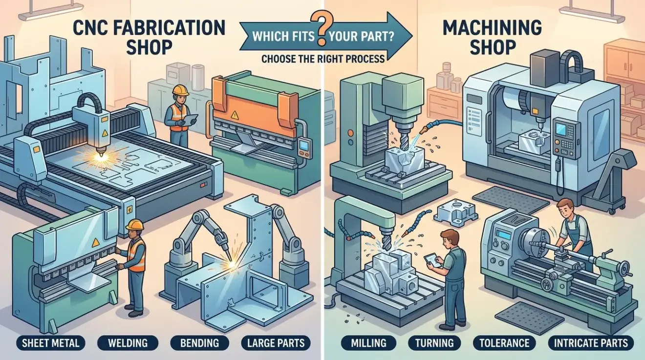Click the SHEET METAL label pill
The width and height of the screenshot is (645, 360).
pyautogui.click(x=51, y=343)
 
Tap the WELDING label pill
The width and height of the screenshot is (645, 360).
pyautogui.click(x=128, y=343)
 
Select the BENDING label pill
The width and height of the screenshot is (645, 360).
pyautogui.click(x=199, y=343)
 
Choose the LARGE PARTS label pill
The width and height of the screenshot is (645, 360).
pyautogui.click(x=276, y=343)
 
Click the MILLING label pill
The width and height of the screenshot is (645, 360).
pyautogui.click(x=368, y=343)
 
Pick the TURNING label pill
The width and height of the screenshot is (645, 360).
pyautogui.click(x=434, y=343)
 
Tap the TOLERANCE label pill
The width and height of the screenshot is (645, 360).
pyautogui.click(x=504, y=343)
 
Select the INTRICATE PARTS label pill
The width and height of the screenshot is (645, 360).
pyautogui.click(x=591, y=343)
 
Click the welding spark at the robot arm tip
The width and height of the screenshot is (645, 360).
pyautogui.click(x=231, y=264)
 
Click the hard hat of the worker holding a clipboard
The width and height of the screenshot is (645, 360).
pyautogui.click(x=180, y=90)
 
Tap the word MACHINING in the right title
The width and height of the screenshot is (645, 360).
pyautogui.click(x=493, y=28)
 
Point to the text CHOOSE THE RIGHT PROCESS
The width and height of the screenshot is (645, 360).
pyautogui.click(x=323, y=59)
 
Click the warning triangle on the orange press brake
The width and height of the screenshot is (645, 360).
pyautogui.click(x=235, y=115)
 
